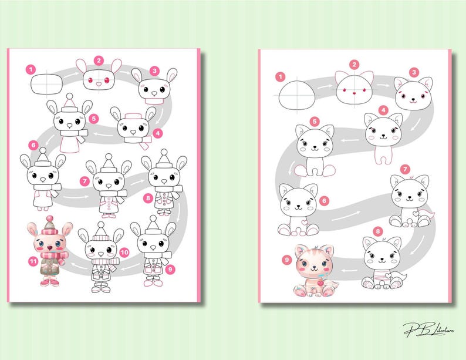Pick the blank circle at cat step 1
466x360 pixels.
pyautogui.click(x=298, y=95)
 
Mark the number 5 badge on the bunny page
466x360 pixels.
pyautogui.click(x=94, y=118)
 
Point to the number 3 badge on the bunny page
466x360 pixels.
pyautogui.click(x=154, y=70)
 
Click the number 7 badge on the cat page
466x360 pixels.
pyautogui.click(x=404, y=170)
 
